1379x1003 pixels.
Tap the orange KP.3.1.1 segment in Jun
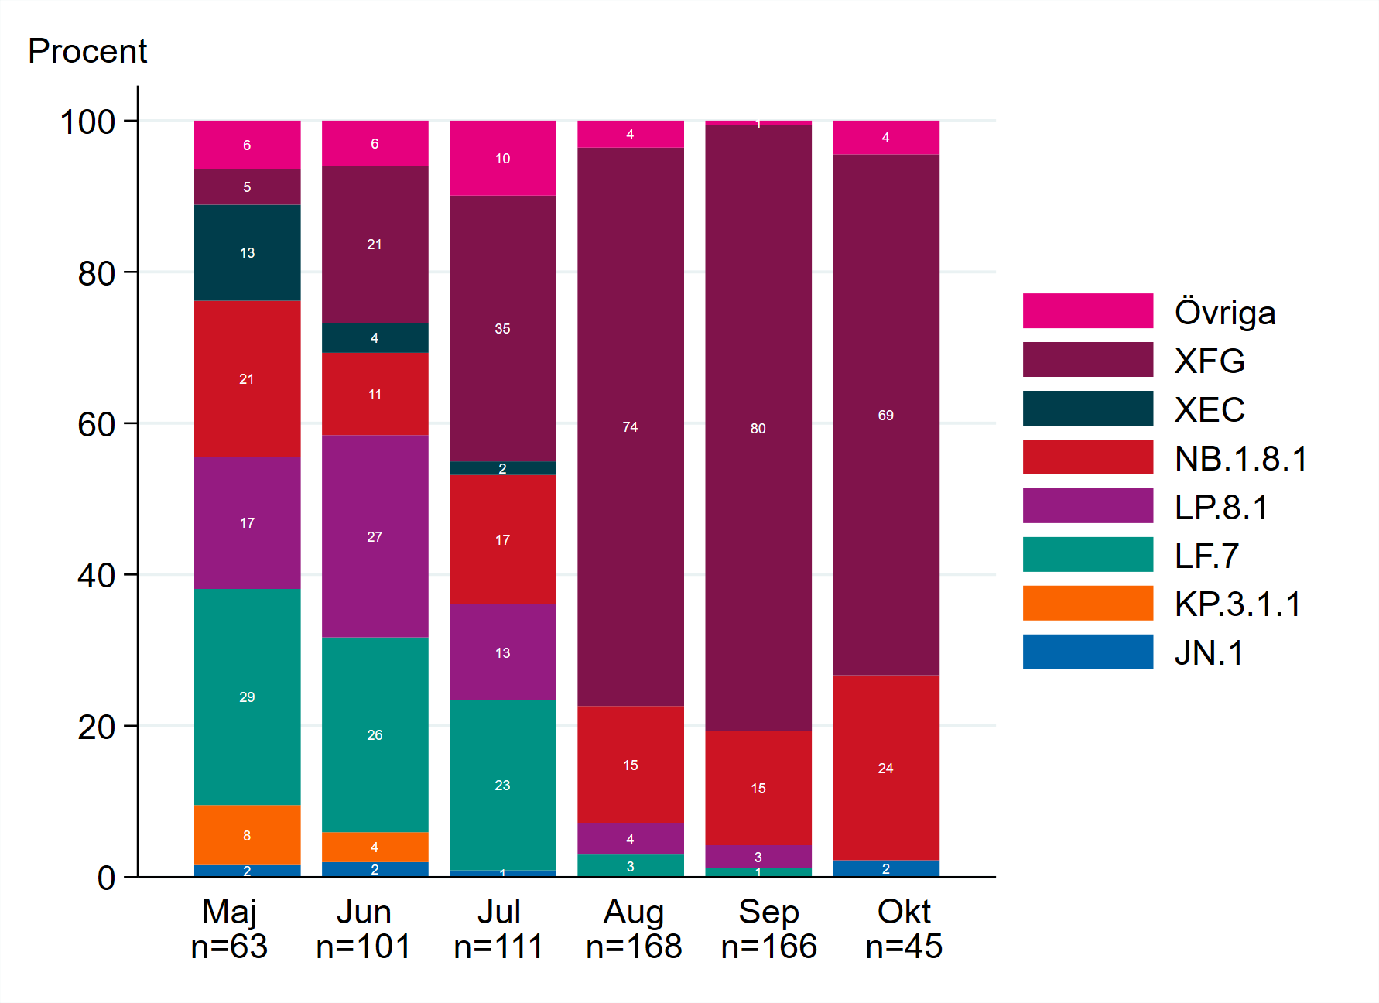click(375, 846)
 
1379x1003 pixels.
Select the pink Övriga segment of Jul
click(502, 158)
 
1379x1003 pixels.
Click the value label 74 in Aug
click(630, 427)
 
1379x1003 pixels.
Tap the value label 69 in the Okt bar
click(885, 416)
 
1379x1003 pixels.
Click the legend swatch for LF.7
click(1087, 555)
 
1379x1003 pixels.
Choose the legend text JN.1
click(1209, 653)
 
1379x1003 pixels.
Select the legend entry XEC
click(1209, 409)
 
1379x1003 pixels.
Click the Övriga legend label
click(1224, 313)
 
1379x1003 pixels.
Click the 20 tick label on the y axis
click(96, 727)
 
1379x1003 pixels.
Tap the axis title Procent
click(87, 52)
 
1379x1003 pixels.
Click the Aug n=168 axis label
click(634, 929)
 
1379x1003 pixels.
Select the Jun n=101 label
click(364, 929)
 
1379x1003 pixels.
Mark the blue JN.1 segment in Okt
click(885, 868)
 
